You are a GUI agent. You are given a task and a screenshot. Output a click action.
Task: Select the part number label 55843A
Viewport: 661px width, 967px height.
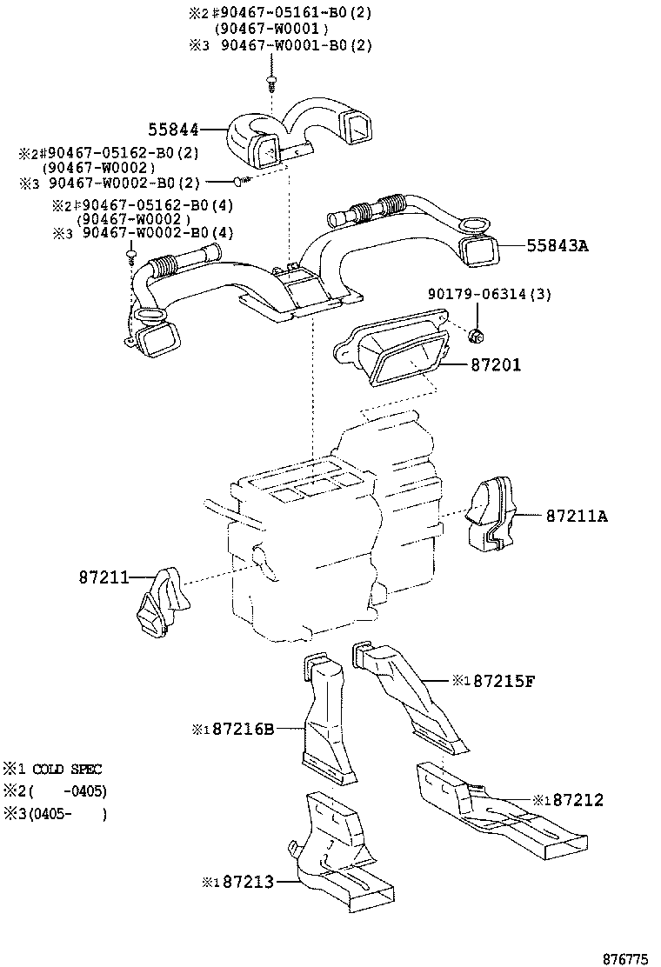[557, 246]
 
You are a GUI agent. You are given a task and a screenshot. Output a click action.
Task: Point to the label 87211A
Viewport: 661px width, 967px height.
[577, 517]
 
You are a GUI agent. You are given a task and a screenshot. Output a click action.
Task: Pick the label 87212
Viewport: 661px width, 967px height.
[573, 799]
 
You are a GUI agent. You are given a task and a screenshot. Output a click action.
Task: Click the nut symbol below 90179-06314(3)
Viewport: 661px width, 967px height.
[477, 335]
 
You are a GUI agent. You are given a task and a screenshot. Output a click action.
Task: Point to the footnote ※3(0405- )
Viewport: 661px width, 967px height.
[55, 814]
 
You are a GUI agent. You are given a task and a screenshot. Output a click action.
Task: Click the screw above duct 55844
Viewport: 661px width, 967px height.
[272, 84]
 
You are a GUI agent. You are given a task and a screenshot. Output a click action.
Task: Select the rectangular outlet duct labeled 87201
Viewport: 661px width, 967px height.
[396, 352]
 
